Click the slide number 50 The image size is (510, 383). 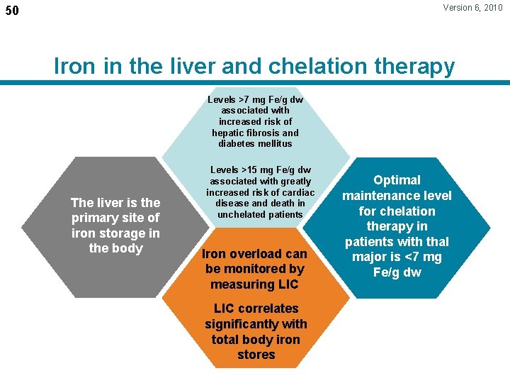point(13,11)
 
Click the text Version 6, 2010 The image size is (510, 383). point(472,8)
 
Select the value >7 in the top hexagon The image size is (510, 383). point(246,100)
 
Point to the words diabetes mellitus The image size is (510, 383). point(255,143)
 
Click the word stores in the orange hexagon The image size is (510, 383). point(256,355)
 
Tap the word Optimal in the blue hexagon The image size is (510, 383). point(397,180)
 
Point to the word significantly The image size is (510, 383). point(244,324)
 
